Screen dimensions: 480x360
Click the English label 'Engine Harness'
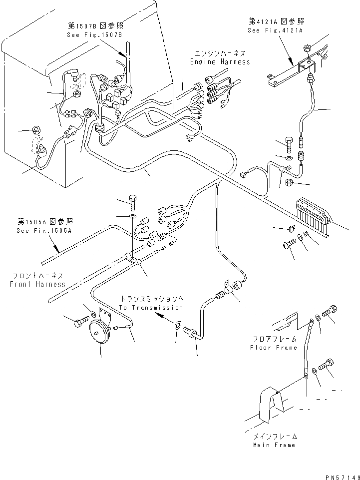click(220, 62)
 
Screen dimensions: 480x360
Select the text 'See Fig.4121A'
click(275, 30)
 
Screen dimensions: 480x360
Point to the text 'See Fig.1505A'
click(44, 231)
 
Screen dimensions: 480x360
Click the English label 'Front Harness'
click(37, 284)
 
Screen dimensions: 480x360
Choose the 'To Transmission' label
click(151, 308)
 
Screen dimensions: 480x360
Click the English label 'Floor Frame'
click(273, 348)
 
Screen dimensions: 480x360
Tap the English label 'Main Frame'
click(274, 445)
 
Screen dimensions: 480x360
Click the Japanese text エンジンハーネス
click(220, 53)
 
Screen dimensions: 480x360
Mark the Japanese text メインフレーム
click(274, 436)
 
